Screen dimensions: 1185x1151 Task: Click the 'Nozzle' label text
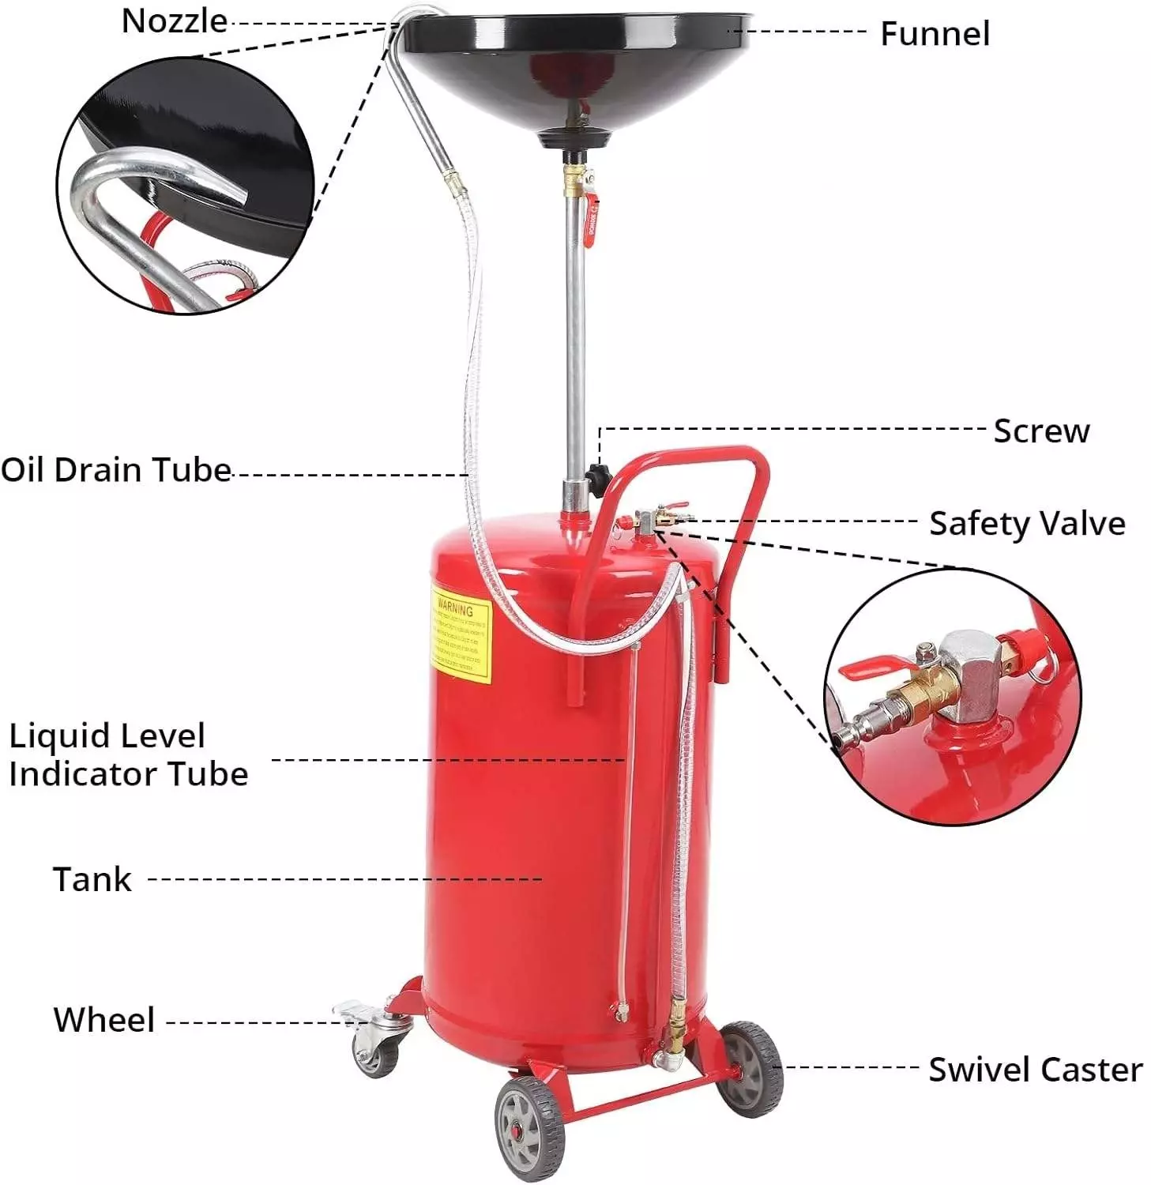(174, 21)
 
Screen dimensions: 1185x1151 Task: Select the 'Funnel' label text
(935, 34)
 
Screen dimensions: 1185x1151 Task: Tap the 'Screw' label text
(1040, 431)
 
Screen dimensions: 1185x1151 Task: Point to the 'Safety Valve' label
(1026, 524)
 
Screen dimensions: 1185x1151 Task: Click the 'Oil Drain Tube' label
(115, 470)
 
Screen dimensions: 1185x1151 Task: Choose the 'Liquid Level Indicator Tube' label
(128, 755)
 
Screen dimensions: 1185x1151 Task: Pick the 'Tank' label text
(92, 879)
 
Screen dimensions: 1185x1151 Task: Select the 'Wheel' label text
(103, 1020)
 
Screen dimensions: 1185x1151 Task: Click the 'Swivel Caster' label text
(1035, 1070)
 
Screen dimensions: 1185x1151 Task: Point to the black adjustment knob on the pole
(597, 476)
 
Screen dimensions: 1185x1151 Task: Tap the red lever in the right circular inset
(871, 668)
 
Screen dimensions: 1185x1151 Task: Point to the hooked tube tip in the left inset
(229, 178)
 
